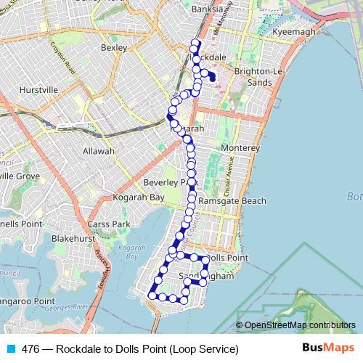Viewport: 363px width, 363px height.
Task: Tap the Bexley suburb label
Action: [x=114, y=48]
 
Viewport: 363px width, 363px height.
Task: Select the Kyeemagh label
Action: [x=291, y=33]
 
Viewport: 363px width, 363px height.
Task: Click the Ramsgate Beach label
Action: [x=232, y=200]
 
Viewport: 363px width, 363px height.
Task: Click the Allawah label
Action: [x=99, y=151]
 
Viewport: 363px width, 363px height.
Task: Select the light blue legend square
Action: [x=9, y=349]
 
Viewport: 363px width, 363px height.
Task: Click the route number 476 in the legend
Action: [x=30, y=349]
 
